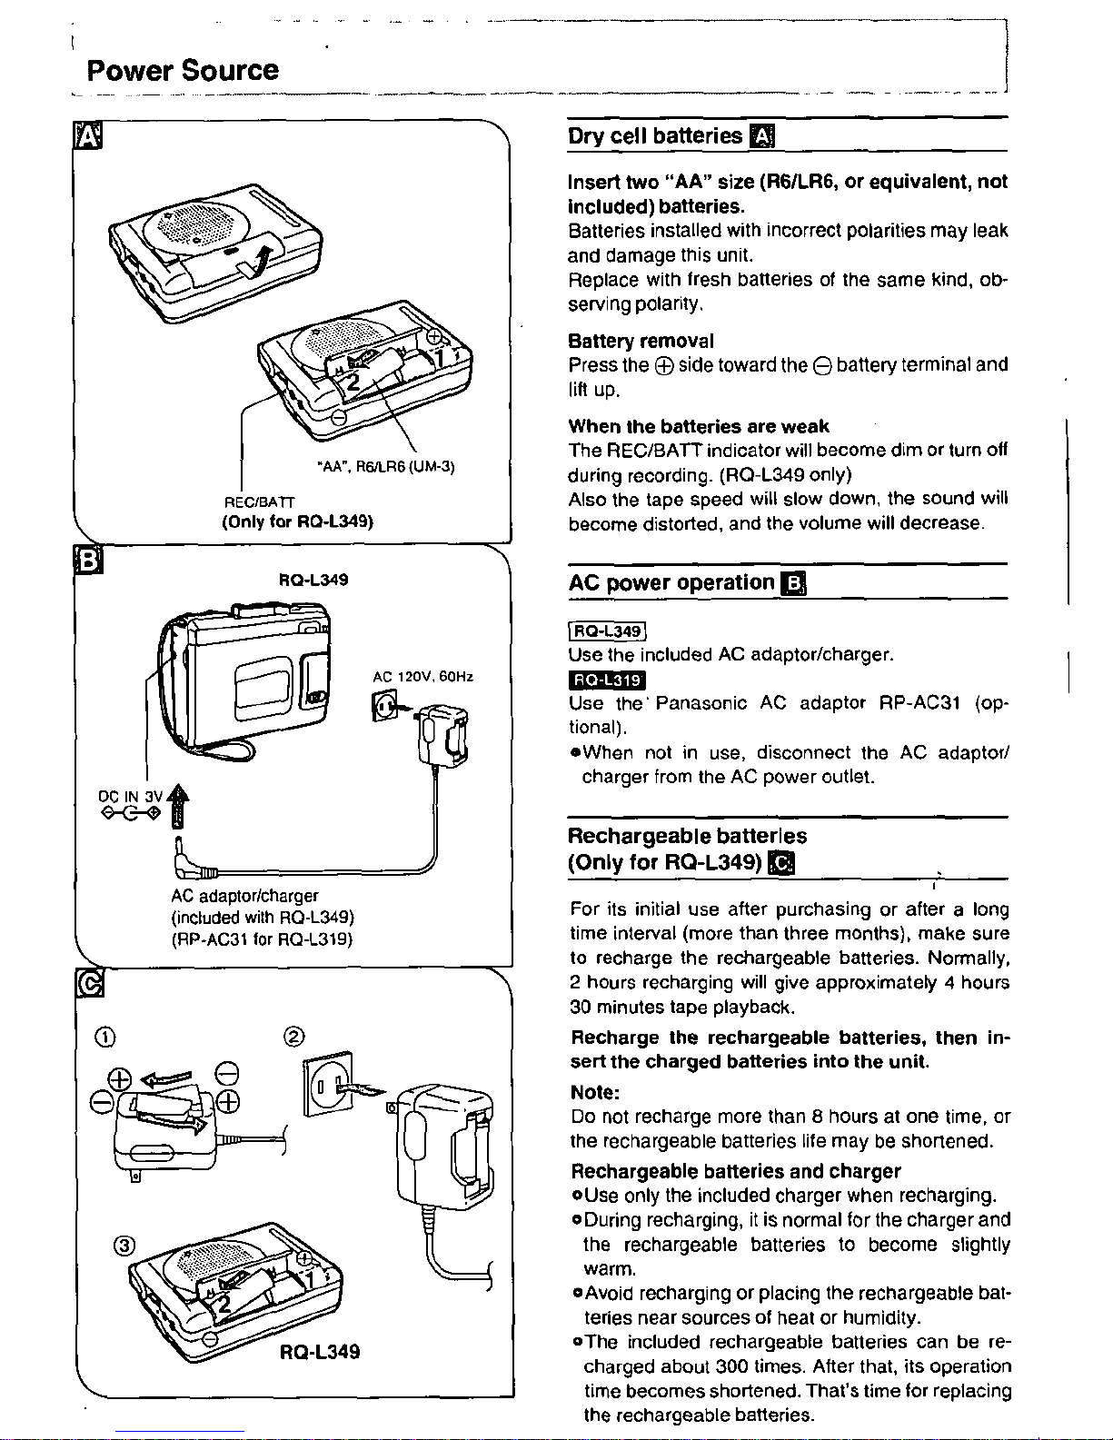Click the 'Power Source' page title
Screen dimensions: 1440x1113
click(182, 71)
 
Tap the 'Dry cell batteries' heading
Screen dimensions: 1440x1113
click(655, 136)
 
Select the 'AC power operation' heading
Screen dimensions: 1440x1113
click(671, 582)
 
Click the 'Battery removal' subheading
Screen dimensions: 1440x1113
click(641, 341)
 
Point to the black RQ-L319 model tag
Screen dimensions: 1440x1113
click(606, 680)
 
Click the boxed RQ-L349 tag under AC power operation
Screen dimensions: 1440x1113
click(606, 631)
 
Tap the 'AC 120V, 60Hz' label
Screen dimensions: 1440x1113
click(423, 677)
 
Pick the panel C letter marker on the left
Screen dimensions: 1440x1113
click(88, 984)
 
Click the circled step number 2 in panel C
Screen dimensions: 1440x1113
click(293, 1037)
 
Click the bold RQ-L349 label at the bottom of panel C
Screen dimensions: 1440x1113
click(320, 1351)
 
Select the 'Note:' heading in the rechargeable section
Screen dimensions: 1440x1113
click(595, 1092)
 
